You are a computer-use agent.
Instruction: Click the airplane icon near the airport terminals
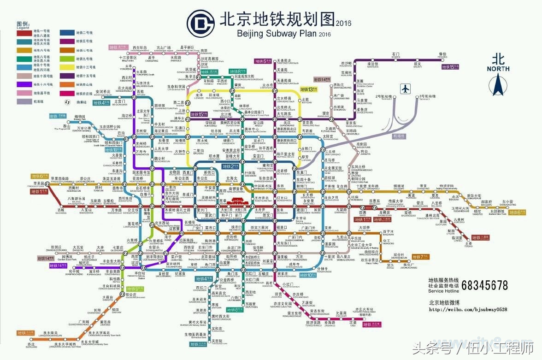click(405, 88)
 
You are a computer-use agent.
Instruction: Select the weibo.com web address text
click(468, 309)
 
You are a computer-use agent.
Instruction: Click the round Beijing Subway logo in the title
click(200, 21)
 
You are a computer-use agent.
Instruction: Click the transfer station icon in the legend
click(68, 102)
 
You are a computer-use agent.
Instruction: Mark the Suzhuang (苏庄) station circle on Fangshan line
click(31, 340)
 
